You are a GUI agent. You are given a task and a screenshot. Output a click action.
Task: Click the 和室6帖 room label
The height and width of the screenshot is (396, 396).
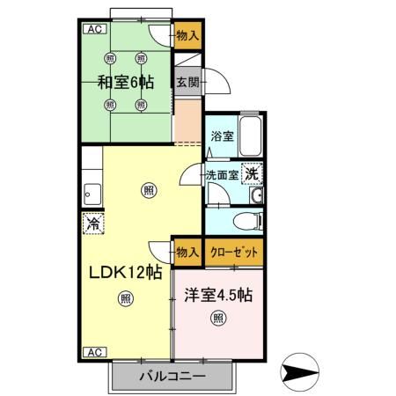click(x=126, y=82)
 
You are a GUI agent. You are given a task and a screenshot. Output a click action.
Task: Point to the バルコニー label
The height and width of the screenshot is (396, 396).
click(x=173, y=377)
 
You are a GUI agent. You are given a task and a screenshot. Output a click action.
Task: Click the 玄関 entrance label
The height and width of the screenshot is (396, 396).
click(x=186, y=83)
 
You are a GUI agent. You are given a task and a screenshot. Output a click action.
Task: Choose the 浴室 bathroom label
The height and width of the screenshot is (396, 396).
click(x=222, y=137)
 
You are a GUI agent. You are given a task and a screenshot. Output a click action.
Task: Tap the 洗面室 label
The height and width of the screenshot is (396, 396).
click(x=222, y=175)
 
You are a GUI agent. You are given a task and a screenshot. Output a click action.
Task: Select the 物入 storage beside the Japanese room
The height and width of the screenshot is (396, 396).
click(x=186, y=36)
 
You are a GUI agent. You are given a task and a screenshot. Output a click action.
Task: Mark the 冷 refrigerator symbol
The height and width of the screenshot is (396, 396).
click(x=92, y=224)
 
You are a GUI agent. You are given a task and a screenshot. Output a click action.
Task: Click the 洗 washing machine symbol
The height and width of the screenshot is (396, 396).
click(x=252, y=173)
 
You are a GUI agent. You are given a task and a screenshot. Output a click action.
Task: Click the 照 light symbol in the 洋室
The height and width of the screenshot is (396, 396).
click(x=217, y=318)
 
